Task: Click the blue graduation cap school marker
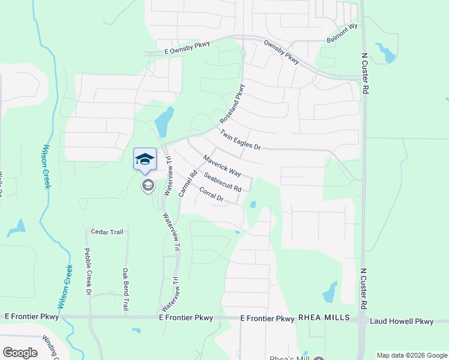[x=145, y=160]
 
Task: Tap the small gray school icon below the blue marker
[x=147, y=185]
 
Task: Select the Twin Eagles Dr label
[x=240, y=140]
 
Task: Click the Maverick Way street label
[x=221, y=166]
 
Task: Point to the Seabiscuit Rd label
[x=222, y=182]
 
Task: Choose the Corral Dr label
[x=211, y=195]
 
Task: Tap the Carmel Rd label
[x=187, y=185]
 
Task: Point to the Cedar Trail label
[x=106, y=231]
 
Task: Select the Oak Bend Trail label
[x=126, y=288]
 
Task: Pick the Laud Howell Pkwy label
[x=402, y=322]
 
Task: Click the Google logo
[x=20, y=352]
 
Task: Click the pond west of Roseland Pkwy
[x=164, y=122]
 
